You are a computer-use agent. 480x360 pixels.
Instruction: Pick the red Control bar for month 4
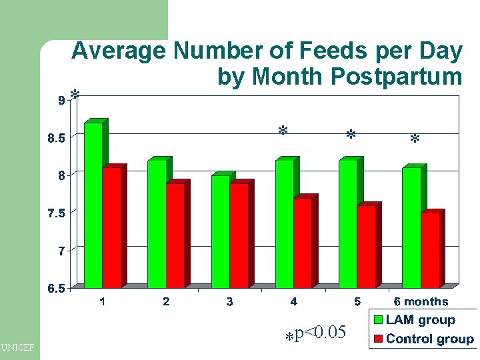point(302,243)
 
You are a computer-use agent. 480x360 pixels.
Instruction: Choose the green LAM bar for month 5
point(348,224)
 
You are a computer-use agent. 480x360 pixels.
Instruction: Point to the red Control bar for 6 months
point(430,250)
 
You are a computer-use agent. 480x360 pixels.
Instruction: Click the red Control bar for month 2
point(175,235)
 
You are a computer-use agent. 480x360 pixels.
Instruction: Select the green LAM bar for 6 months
point(411,227)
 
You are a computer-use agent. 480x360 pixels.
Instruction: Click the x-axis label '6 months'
point(421,302)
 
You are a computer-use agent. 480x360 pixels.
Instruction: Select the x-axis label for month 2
point(166,302)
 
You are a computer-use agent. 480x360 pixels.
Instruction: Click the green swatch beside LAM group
point(378,321)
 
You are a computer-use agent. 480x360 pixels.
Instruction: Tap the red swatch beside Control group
point(378,339)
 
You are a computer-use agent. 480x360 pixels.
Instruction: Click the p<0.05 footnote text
point(319,331)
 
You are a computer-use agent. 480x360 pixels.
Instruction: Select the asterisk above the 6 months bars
point(415,139)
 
